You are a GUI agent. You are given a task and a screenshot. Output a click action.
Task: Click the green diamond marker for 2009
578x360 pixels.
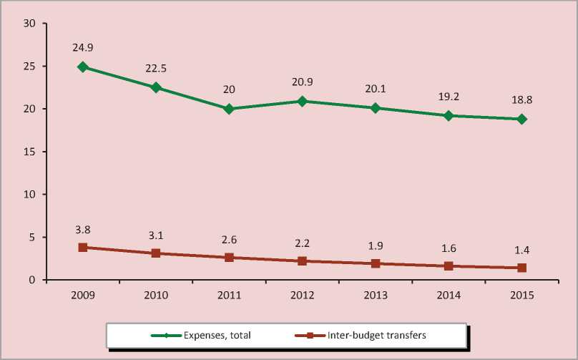tap(83, 67)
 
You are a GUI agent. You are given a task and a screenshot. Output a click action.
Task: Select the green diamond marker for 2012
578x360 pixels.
tap(302, 102)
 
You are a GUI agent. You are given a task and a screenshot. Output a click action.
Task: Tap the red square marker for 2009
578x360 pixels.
tap(83, 248)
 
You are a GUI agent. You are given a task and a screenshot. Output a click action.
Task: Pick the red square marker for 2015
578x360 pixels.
tap(522, 268)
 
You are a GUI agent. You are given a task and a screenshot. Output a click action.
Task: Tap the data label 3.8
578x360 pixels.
tap(83, 230)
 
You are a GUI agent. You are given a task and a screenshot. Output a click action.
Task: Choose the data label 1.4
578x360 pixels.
tap(522, 250)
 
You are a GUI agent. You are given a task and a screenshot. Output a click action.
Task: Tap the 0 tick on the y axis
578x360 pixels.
tap(32, 280)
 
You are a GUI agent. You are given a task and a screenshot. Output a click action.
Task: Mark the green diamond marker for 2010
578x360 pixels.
tap(156, 88)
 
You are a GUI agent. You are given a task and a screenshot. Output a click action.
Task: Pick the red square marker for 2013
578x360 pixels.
tap(376, 263)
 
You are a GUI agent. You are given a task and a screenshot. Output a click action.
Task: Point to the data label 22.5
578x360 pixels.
tap(156, 69)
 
